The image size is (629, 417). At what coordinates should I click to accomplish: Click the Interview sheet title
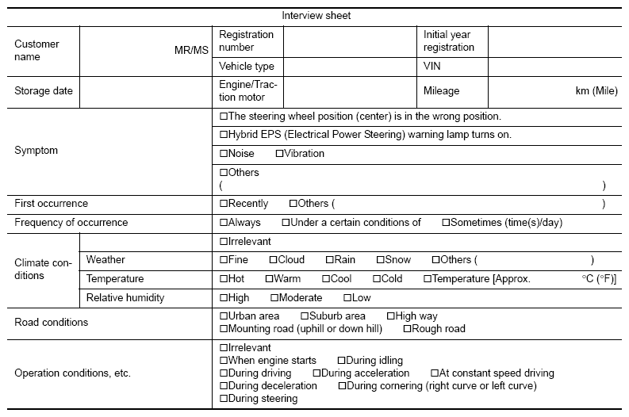(316, 15)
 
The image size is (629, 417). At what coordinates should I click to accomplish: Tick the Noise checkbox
(224, 154)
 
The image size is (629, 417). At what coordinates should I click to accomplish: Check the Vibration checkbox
(279, 154)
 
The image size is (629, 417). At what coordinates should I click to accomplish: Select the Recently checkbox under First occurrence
(224, 204)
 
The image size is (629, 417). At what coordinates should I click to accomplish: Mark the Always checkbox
(224, 223)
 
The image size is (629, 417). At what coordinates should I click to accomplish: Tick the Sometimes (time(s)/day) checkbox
(446, 223)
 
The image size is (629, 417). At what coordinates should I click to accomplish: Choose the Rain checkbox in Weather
(330, 260)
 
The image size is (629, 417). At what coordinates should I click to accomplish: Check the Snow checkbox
(381, 260)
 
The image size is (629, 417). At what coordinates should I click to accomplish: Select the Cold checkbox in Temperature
(376, 279)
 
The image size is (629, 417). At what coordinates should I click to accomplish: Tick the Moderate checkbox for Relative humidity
(274, 298)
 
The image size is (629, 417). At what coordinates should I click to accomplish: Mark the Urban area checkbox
(224, 316)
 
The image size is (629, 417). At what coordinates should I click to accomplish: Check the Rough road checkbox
(408, 329)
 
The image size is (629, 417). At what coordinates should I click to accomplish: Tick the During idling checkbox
(342, 361)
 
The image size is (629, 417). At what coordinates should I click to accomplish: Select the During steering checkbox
(224, 399)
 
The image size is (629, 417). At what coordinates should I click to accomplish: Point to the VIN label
(433, 67)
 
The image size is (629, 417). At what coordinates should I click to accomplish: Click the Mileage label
(441, 91)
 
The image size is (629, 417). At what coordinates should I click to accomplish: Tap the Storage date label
(44, 91)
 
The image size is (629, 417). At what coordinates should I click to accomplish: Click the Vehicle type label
(246, 67)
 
